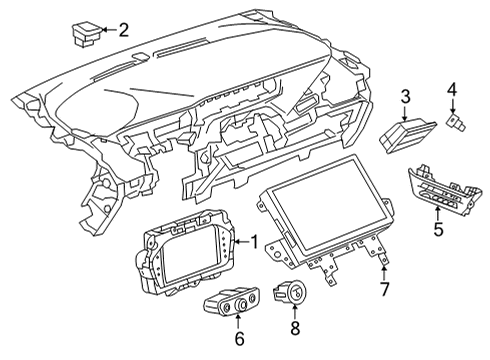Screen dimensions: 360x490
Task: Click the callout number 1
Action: [x=254, y=240]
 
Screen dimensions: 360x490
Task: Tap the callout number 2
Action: [x=123, y=30]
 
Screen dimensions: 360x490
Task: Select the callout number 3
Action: [x=406, y=96]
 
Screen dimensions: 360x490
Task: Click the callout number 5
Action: [x=437, y=228]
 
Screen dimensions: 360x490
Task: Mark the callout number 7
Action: [x=385, y=291]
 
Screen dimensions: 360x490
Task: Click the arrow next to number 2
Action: [x=106, y=30]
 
